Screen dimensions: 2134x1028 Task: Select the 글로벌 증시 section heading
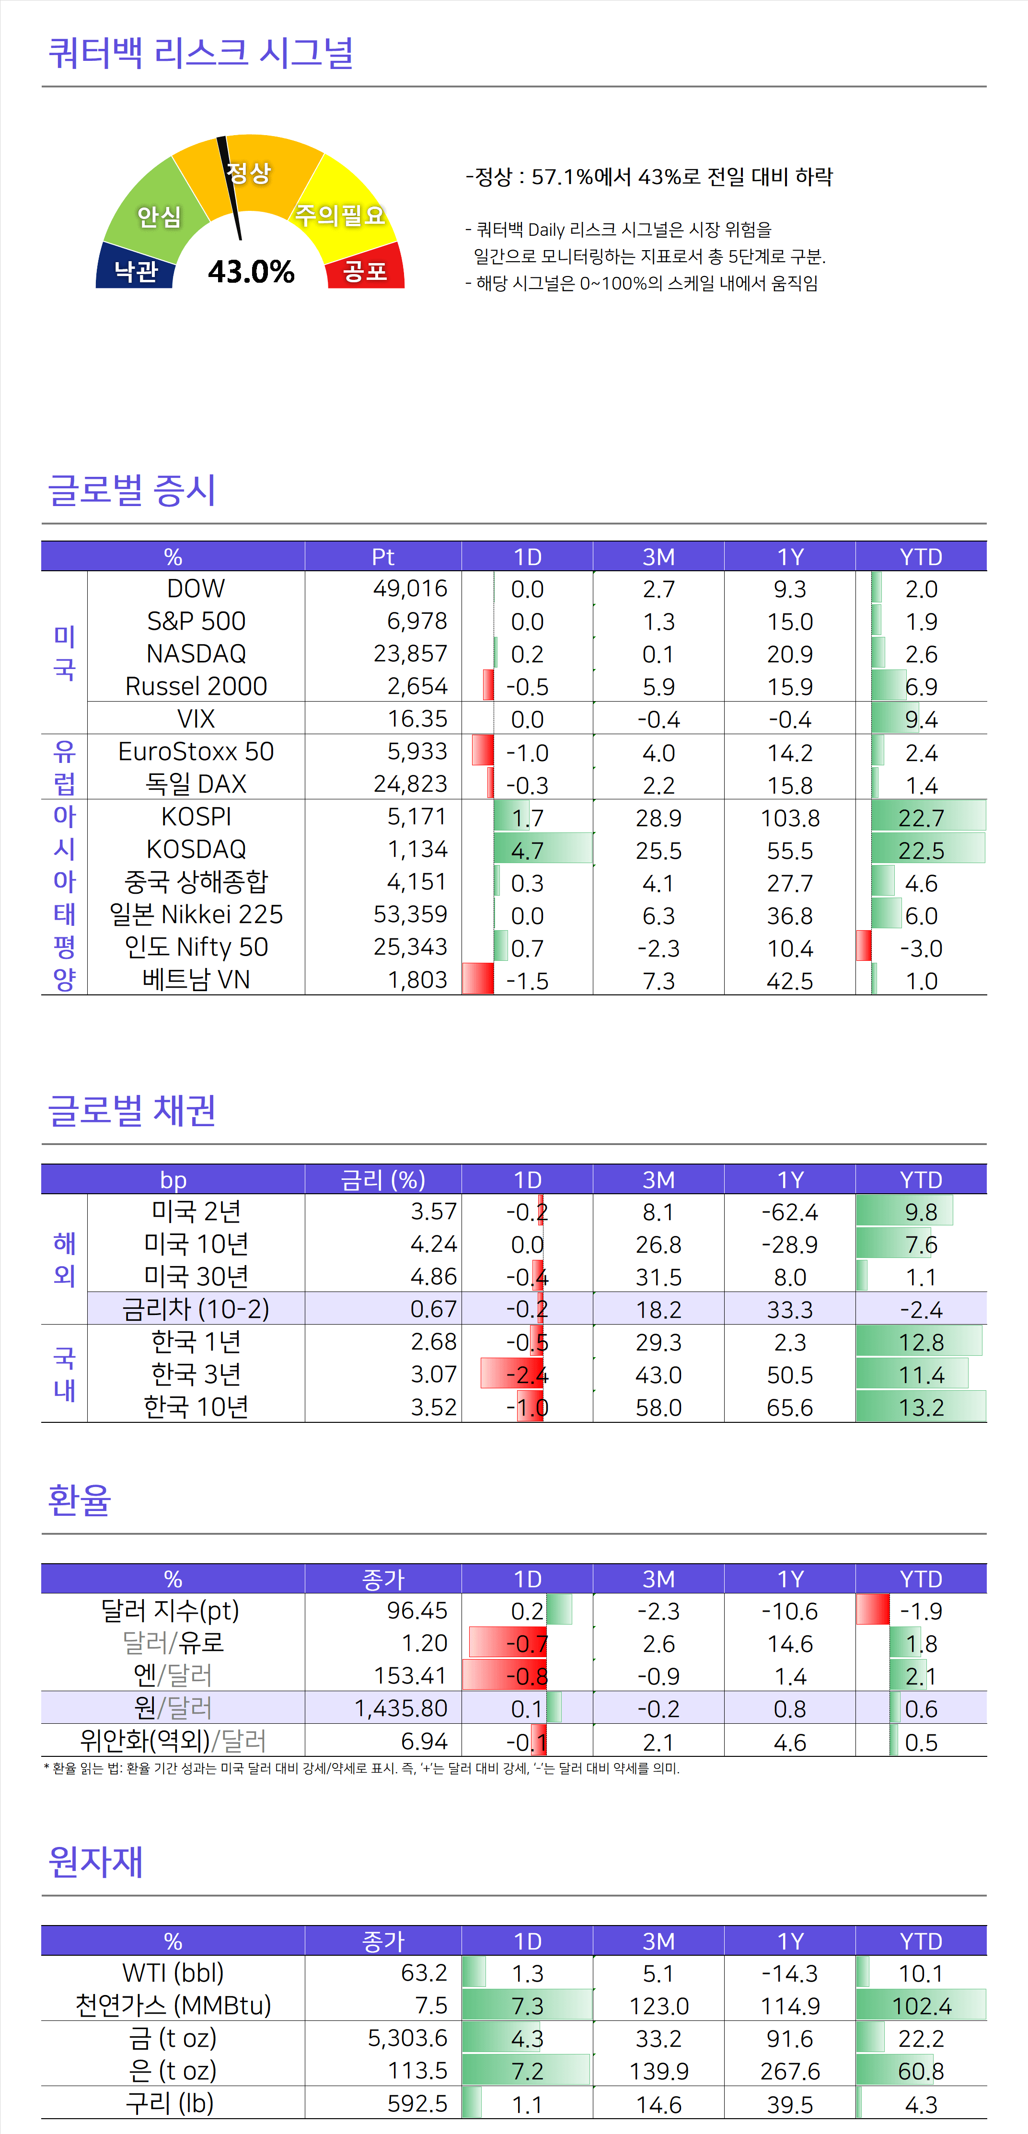[x=133, y=490]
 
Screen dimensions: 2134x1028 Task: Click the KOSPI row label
[x=196, y=817]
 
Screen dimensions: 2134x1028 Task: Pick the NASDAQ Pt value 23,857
[x=410, y=654]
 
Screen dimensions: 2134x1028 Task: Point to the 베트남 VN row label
[x=196, y=980]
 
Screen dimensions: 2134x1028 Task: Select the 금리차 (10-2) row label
[x=196, y=1309]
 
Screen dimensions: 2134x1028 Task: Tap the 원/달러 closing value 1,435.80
[x=401, y=1708]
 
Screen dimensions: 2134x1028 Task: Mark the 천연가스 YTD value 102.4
[x=921, y=2006]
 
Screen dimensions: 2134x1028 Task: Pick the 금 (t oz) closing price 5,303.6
[x=407, y=2038]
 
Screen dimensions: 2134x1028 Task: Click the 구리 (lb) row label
[x=171, y=2103]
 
